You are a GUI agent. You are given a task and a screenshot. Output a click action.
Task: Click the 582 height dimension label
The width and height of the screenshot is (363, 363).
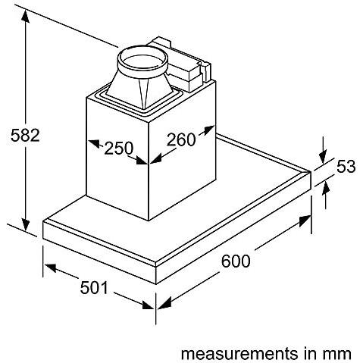(x=25, y=136)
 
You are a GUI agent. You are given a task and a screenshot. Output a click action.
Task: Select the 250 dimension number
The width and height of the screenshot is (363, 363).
(x=118, y=148)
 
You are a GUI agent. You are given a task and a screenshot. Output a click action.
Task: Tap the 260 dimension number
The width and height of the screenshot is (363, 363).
(x=181, y=139)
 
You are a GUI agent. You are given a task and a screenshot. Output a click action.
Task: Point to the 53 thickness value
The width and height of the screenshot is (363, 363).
(x=346, y=167)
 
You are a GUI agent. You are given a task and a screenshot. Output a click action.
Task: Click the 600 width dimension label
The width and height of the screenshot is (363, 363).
(x=236, y=261)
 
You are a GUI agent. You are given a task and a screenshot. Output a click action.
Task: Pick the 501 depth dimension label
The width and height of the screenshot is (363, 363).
(x=94, y=287)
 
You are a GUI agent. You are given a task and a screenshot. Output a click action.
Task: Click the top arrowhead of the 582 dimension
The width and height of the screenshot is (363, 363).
(x=25, y=16)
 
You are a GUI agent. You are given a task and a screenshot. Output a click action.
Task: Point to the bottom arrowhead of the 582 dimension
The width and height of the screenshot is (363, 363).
(x=25, y=224)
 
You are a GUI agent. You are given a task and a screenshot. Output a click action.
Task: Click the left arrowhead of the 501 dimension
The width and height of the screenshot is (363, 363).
(x=50, y=268)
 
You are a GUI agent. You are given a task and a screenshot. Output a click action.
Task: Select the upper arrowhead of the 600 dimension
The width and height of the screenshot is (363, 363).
(x=305, y=221)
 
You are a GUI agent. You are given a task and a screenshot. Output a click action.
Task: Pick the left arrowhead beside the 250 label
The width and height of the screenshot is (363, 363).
(x=93, y=143)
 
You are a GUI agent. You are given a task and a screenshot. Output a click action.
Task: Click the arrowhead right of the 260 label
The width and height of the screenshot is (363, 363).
(x=208, y=130)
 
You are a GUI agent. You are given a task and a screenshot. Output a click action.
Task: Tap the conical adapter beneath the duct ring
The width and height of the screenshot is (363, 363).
(x=140, y=91)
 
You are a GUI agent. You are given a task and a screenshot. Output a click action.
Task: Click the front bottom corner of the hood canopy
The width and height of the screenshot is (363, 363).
(x=156, y=284)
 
